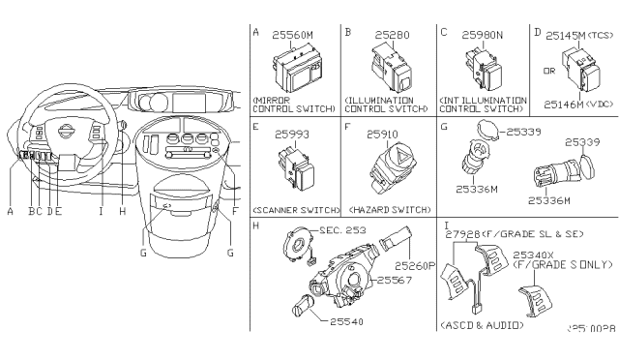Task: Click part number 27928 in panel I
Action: coord(472,232)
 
